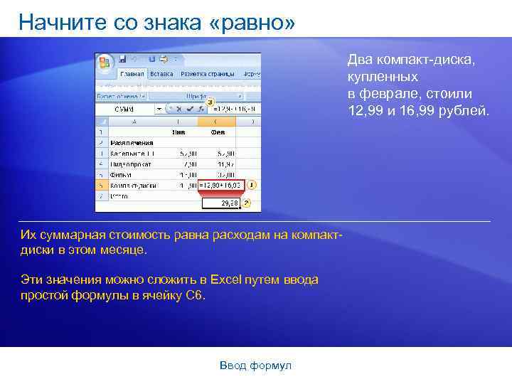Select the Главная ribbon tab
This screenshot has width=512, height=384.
coord(132,74)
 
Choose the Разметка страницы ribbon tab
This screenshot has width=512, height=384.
coord(208,74)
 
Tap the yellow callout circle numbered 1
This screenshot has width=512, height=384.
coord(252,185)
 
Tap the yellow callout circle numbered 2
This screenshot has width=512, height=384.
coord(247,203)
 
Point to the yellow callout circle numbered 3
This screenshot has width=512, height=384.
coord(210,102)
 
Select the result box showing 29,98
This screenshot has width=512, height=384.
coord(220,203)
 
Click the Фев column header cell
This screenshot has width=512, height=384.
coord(218,132)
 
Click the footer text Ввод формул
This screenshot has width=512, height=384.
coord(255,366)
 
